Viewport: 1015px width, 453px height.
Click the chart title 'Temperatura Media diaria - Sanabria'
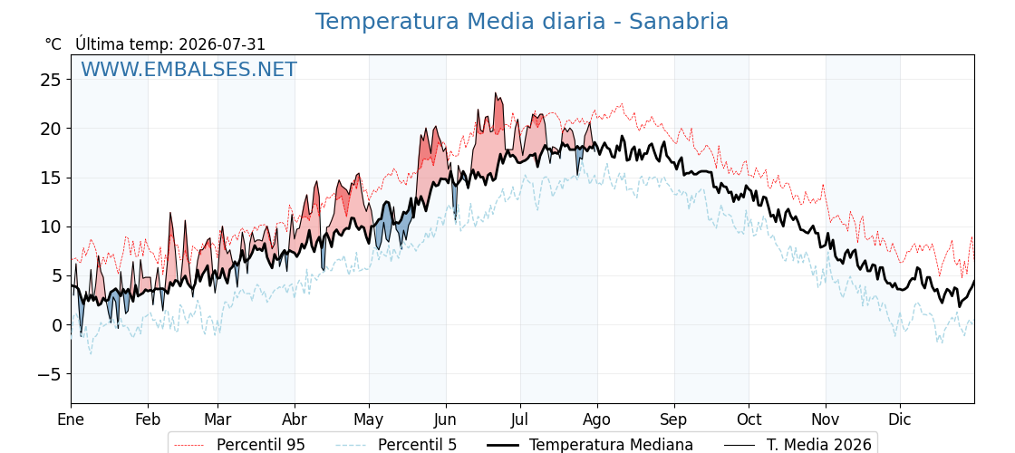coord(522,22)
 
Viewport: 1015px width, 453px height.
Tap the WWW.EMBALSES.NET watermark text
coord(188,69)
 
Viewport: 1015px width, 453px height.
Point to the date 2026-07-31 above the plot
coord(222,44)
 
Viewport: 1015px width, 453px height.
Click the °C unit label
coord(53,44)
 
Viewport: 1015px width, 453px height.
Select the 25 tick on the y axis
coord(51,80)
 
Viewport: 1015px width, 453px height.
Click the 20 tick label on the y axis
coord(51,129)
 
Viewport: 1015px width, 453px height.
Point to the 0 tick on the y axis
coord(56,325)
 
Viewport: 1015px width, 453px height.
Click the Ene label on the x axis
coord(72,419)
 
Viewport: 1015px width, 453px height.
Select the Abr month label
coord(295,419)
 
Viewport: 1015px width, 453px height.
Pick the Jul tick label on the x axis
coord(520,419)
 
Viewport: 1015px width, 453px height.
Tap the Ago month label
coord(597,420)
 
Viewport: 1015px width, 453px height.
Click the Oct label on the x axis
coord(749,419)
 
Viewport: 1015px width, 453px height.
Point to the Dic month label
coord(900,419)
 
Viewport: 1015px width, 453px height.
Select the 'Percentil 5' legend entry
coord(396,445)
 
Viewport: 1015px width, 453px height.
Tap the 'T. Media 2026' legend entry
coord(797,445)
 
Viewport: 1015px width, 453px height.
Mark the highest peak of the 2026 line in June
coord(496,93)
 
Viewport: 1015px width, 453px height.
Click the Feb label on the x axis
coord(149,419)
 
